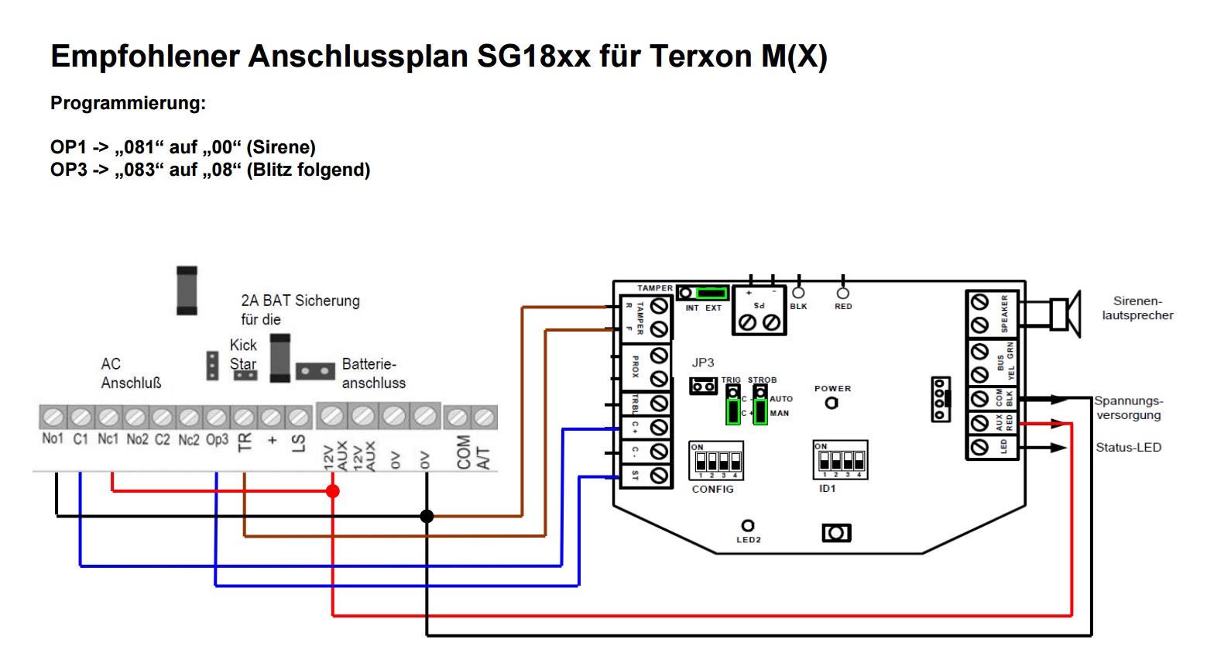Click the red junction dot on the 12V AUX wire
(333, 491)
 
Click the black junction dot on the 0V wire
(427, 516)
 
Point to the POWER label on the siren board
(832, 389)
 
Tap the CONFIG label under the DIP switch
(712, 490)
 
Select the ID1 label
(827, 489)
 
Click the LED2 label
(748, 540)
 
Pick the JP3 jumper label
(702, 363)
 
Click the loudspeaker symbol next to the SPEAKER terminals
(1065, 314)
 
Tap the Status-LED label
(1128, 448)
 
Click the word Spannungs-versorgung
(1128, 408)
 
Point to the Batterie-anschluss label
(373, 373)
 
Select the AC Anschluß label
(130, 373)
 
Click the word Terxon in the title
(701, 57)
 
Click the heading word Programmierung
(128, 103)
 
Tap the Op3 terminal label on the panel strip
(217, 440)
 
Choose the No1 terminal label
(53, 439)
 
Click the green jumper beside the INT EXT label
(711, 293)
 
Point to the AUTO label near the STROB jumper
(780, 400)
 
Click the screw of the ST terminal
(659, 475)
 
